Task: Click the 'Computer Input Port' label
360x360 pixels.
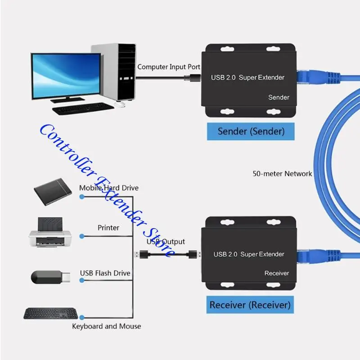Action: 169,67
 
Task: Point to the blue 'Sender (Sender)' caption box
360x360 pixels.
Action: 251,131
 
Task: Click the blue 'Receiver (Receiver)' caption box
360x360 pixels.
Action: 250,305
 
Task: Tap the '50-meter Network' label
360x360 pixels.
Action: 282,173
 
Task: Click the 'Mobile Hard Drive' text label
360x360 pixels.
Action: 109,188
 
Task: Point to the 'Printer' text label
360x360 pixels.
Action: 108,228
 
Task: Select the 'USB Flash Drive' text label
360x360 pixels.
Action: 105,273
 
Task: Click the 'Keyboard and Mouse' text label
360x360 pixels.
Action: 107,326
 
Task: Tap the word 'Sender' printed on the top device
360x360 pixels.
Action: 279,97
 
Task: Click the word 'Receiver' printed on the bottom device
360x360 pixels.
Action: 277,273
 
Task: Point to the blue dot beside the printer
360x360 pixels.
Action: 81,236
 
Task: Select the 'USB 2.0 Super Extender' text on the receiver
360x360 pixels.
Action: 249,254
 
